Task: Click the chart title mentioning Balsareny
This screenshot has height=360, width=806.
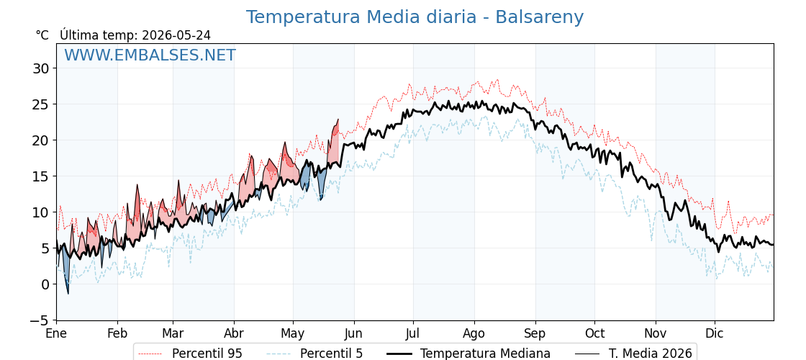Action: point(415,17)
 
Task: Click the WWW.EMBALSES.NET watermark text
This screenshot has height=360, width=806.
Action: point(150,55)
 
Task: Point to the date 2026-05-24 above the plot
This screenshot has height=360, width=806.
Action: point(176,35)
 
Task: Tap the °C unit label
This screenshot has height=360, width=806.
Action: point(42,35)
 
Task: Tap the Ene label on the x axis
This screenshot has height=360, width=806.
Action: point(56,333)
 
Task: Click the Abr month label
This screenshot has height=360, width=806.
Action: point(234,333)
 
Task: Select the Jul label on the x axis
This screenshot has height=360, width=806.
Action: point(413,333)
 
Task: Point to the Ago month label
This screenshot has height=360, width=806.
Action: point(474,333)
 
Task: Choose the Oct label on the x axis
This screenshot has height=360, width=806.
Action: point(594,333)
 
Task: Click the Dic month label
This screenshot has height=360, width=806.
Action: point(715,333)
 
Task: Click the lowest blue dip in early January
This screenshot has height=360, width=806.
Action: point(68,294)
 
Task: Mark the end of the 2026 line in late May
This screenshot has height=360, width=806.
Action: point(338,120)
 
